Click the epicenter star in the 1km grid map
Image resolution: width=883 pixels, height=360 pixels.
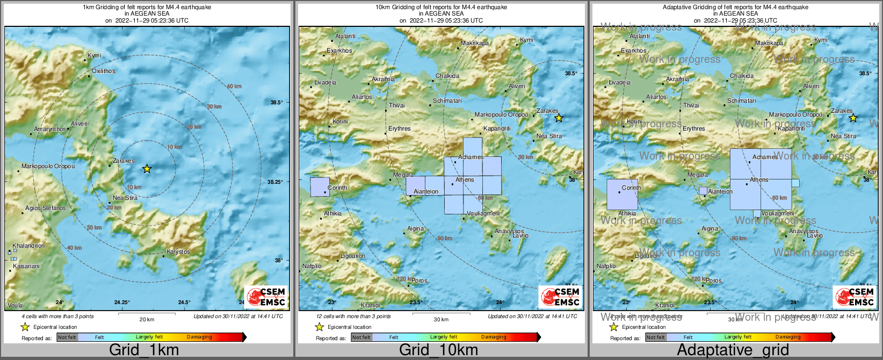147,169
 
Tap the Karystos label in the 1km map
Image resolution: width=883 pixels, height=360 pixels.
178,251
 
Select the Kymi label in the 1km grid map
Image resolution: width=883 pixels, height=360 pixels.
95,55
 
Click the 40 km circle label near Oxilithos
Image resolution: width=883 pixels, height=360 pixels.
234,87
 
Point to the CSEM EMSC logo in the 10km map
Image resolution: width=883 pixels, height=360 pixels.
561,297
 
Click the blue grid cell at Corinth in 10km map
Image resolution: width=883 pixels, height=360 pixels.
320,187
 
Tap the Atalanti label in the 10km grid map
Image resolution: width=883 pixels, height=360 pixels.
345,36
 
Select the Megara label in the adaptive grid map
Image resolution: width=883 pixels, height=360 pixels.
698,175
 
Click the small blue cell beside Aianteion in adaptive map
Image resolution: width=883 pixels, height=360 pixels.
703,191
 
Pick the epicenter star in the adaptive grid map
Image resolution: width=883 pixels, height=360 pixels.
853,118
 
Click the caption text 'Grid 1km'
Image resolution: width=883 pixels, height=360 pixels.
144,350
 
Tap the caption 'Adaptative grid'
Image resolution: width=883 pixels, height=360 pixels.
733,350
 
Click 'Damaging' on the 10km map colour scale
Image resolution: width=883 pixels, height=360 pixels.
494,337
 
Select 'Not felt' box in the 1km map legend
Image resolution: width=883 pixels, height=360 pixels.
67,337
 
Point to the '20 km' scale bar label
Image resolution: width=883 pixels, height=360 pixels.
147,319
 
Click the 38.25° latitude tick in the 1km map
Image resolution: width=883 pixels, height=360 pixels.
275,182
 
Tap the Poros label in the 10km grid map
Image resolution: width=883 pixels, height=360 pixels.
420,280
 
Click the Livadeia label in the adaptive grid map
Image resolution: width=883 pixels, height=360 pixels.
619,82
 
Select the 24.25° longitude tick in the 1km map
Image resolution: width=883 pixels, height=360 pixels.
122,302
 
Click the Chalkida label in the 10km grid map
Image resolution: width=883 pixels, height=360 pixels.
447,76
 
